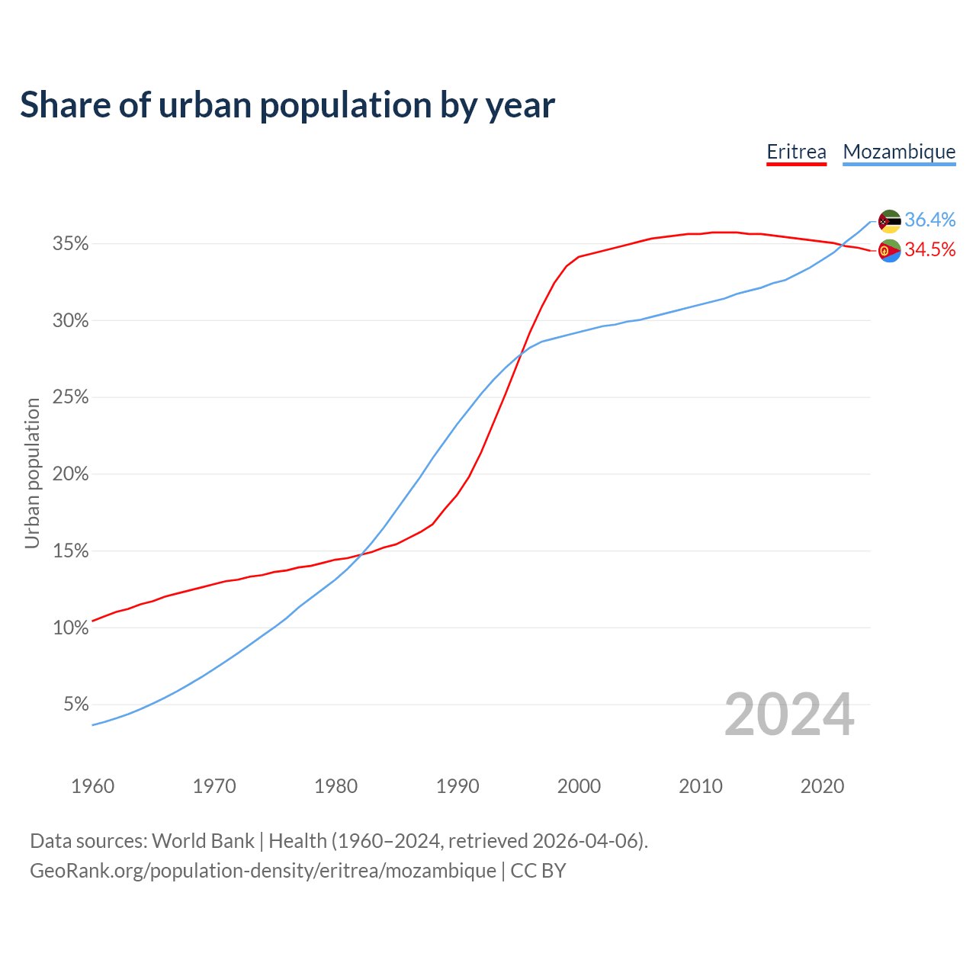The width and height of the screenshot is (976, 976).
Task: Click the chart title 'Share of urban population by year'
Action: coord(287,105)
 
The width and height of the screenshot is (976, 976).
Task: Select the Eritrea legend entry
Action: coord(796,152)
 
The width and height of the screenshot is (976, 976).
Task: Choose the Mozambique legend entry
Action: coord(899,152)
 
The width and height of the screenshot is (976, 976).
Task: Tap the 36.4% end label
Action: coord(930,220)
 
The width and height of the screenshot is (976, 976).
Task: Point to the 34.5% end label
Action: coord(930,249)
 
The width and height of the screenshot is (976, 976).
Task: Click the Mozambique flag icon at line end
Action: coord(890,221)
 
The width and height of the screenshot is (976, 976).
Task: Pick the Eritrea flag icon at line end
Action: coord(890,250)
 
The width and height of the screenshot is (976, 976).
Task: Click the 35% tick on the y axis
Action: coord(70,244)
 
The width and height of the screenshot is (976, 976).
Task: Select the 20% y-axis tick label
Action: coord(70,474)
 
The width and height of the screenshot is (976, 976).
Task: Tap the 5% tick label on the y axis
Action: coord(75,705)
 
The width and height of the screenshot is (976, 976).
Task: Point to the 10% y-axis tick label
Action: coord(70,628)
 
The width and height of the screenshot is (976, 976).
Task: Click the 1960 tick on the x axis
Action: coord(93,786)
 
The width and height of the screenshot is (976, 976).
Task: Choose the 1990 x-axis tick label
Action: coord(457,786)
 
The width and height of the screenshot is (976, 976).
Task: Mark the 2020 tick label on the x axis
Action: coord(822,786)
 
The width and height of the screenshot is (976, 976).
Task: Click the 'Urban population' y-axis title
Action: coord(32,473)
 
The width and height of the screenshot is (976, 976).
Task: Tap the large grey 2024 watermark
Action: coord(789,715)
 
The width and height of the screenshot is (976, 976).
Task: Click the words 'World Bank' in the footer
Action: coord(203,841)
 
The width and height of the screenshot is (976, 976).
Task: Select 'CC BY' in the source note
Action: coord(538,871)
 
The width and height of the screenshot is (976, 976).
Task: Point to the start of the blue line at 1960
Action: coord(93,724)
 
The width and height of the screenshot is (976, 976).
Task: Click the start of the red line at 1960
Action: coord(93,621)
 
